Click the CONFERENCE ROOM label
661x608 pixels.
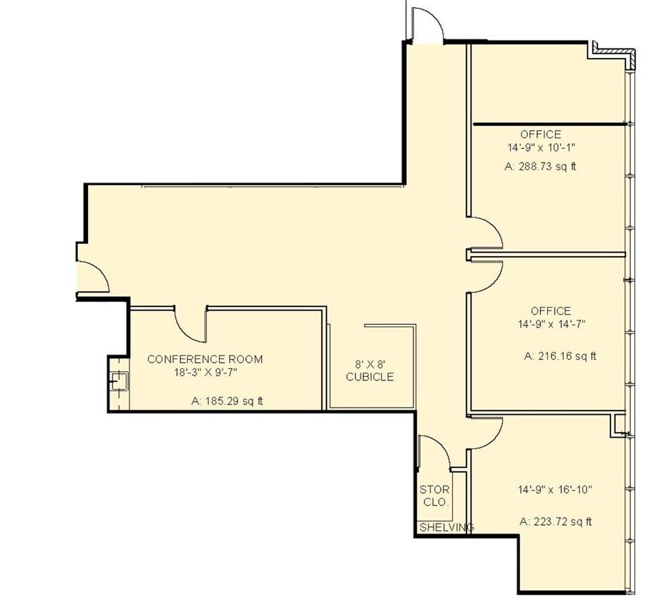click(x=205, y=359)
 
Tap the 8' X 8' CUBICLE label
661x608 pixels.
click(x=370, y=371)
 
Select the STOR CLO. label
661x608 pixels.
click(x=435, y=496)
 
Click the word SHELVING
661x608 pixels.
click(x=446, y=527)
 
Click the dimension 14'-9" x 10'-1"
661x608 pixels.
click(x=542, y=147)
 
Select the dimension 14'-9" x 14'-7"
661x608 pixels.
click(x=552, y=324)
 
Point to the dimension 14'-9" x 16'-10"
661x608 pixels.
click(x=555, y=489)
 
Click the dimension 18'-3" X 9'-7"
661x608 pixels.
click(x=206, y=373)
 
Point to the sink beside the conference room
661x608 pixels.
click(x=119, y=381)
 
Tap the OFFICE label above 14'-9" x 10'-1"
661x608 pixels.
click(x=540, y=134)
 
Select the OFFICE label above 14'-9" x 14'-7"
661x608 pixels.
click(x=551, y=311)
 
